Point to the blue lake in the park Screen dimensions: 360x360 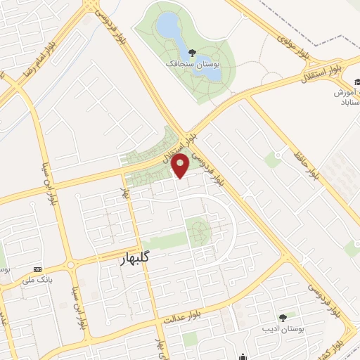click(x=168, y=27)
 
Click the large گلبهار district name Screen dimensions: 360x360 click(x=131, y=260)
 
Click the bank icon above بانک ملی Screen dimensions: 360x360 click(x=37, y=269)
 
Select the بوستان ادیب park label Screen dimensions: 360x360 click(x=282, y=329)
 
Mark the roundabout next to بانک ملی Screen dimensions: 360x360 click(x=71, y=265)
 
